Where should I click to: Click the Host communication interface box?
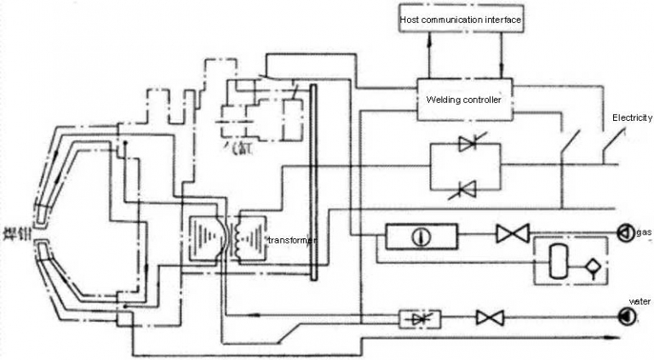[461, 19]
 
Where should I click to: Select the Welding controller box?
[464, 100]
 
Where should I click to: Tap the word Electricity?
[632, 117]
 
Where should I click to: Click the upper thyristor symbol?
[467, 145]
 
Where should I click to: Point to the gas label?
[644, 232]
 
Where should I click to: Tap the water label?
[640, 301]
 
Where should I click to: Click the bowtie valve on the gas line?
[513, 233]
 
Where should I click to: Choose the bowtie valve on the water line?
[490, 318]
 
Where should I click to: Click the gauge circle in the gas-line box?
[418, 236]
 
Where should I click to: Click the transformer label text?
[291, 241]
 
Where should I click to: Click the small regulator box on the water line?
[420, 318]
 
